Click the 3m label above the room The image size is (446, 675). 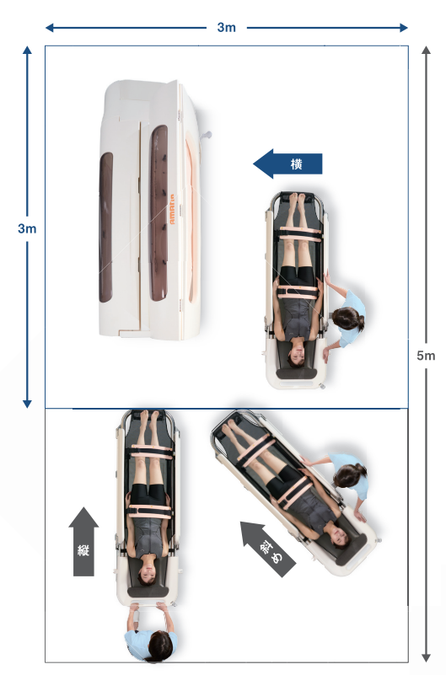pos(227,28)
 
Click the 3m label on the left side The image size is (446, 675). pos(27,228)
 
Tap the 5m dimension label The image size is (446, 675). pos(426,356)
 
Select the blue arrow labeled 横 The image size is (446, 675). pos(287,163)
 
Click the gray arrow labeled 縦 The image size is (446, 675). pos(83,542)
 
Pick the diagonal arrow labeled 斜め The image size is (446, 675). pos(268,549)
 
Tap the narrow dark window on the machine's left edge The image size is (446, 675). pos(106,228)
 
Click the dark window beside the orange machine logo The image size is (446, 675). pos(159,213)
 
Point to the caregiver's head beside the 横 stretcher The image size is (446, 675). pos(347,319)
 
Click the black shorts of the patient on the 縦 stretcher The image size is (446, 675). pos(149,494)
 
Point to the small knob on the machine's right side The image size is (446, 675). pos(207,135)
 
